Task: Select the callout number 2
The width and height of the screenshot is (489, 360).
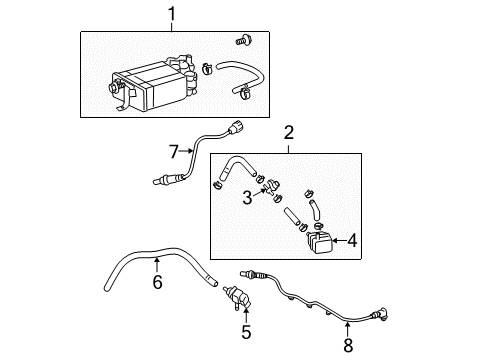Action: [288, 134]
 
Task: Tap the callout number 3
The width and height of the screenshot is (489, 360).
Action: [245, 199]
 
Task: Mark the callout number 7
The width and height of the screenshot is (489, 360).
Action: [172, 152]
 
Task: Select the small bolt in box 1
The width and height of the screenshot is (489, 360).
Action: [242, 40]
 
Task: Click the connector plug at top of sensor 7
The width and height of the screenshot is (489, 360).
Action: [236, 128]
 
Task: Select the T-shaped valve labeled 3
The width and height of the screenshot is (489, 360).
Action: [274, 187]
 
